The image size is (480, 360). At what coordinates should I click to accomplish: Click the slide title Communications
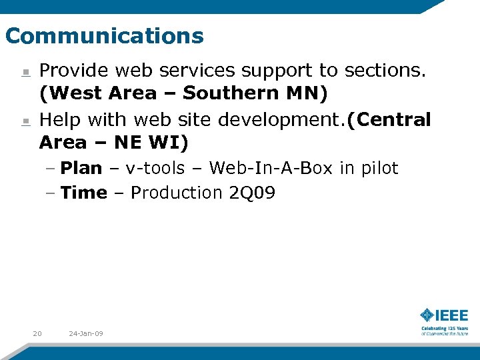click(x=104, y=35)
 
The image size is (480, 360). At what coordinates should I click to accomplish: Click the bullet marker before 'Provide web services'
click(x=25, y=72)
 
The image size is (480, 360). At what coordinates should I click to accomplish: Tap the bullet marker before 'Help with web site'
click(x=25, y=121)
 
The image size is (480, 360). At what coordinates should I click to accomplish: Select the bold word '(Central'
click(x=389, y=120)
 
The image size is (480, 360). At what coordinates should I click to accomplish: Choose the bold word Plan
click(x=81, y=168)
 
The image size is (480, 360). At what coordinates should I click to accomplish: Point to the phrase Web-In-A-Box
click(x=270, y=168)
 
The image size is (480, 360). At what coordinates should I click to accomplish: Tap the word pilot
click(x=379, y=168)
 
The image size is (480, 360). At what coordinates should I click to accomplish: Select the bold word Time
click(x=83, y=193)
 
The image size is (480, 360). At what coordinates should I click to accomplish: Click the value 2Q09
click(x=252, y=193)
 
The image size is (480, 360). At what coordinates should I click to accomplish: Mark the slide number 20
click(x=37, y=333)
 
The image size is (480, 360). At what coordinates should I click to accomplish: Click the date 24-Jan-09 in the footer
click(x=86, y=333)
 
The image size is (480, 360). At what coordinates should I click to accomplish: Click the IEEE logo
click(x=444, y=320)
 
